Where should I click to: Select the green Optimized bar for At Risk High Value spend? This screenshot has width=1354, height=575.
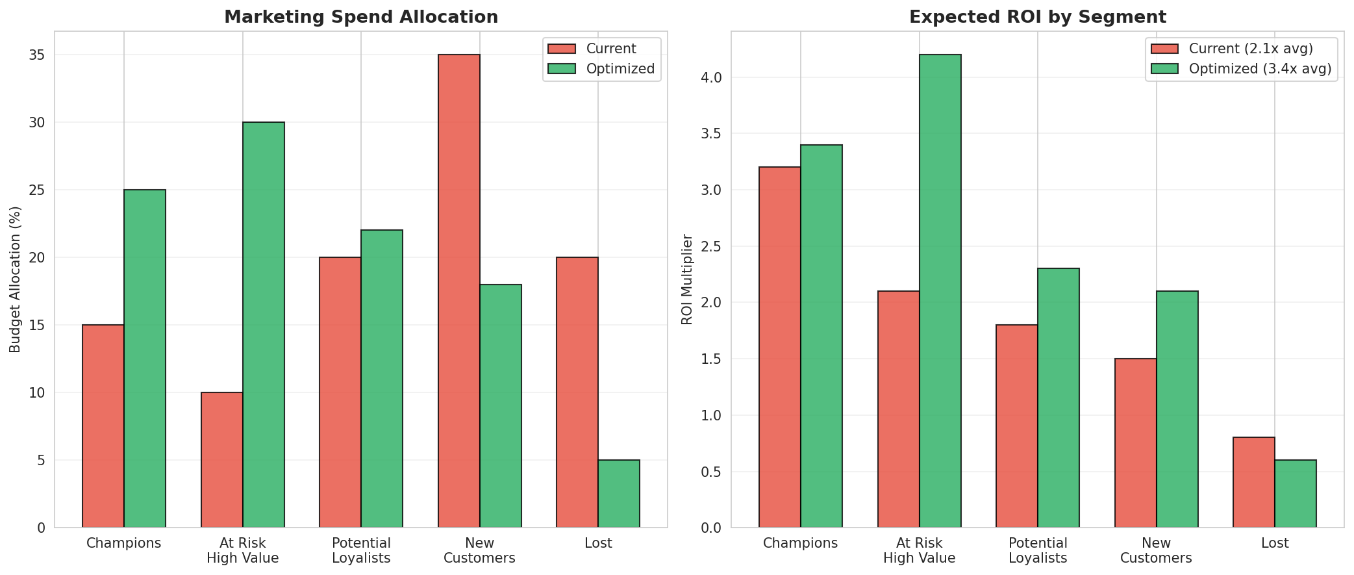point(264,325)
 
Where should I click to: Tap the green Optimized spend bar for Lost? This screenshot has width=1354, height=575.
point(619,494)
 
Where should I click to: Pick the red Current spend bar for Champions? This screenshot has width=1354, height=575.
point(103,426)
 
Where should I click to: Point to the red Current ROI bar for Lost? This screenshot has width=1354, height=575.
point(1253,482)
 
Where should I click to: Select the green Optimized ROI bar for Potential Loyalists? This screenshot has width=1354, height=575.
point(1059,398)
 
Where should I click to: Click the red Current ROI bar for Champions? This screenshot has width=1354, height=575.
point(779,347)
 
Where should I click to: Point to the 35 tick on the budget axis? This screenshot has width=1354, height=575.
point(37,55)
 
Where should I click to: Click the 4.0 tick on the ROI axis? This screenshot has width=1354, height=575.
point(713,78)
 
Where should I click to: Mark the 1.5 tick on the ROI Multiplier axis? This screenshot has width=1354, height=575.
point(713,359)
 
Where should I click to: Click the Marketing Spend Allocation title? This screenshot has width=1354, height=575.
point(361,17)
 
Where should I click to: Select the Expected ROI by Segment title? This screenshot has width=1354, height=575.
point(1037,17)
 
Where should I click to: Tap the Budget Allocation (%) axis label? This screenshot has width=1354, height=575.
point(16,279)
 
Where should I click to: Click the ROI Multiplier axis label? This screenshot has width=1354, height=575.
point(687,279)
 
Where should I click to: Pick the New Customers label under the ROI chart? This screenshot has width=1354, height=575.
point(1156,550)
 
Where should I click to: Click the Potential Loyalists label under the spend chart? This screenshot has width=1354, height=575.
point(361,550)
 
